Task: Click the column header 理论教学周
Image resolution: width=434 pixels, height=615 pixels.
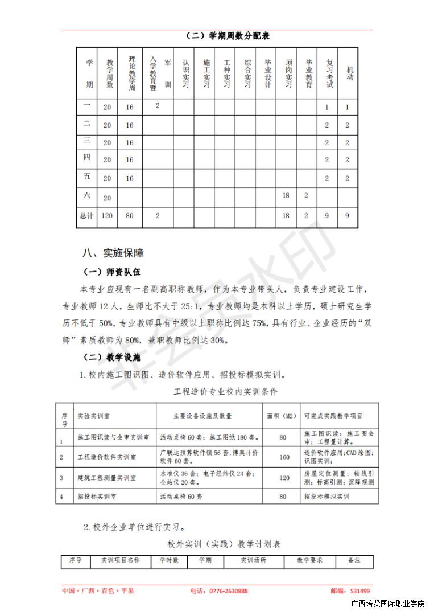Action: [x=131, y=73]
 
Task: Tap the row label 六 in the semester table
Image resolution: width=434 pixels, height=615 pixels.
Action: [x=87, y=195]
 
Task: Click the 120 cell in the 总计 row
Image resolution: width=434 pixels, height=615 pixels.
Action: [x=107, y=216]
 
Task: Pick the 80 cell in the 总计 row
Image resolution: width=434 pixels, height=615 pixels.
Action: [x=130, y=216]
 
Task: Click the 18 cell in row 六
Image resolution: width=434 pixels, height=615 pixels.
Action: [x=286, y=195]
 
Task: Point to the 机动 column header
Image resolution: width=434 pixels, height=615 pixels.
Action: [x=348, y=73]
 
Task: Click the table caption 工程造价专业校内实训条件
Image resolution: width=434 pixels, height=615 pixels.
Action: [x=225, y=392]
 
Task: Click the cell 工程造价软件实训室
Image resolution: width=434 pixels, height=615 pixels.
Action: [x=106, y=457]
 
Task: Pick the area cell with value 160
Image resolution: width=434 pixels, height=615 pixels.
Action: [x=283, y=457]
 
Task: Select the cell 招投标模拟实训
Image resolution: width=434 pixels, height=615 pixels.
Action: [x=327, y=497]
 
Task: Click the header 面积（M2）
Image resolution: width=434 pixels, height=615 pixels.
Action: [x=282, y=416]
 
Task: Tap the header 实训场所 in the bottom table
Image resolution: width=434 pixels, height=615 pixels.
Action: [x=253, y=560]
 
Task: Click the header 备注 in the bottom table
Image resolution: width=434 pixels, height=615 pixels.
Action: [x=354, y=560]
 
